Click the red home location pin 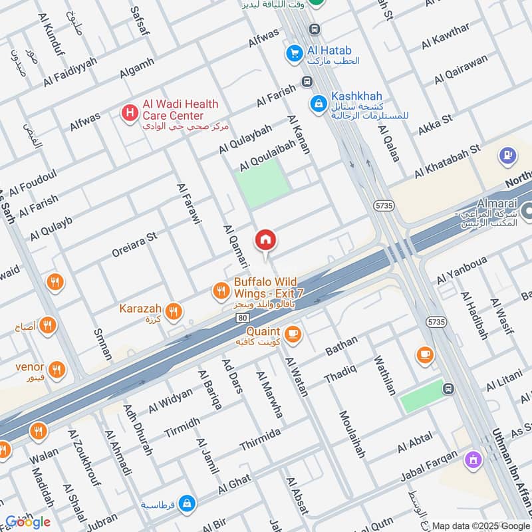[265, 240]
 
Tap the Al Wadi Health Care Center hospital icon [128, 112]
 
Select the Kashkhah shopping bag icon [318, 103]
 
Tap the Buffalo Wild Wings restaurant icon [221, 290]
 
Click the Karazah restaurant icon [174, 311]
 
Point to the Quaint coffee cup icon [292, 334]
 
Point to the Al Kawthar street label [446, 37]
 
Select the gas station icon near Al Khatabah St [507, 157]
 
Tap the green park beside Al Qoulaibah [264, 181]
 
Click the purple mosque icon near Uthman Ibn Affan [474, 459]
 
